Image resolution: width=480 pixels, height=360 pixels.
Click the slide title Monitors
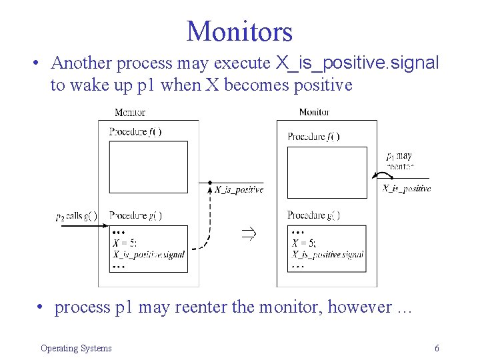tap(239, 31)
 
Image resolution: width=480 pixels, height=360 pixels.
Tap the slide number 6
tap(436, 348)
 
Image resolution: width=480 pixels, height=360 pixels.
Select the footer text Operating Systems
tap(76, 348)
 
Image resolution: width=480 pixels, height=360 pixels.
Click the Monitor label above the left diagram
tap(129, 112)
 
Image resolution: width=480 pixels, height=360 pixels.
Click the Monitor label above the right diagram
tap(314, 112)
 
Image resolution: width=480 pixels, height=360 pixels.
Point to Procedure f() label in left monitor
tap(135, 132)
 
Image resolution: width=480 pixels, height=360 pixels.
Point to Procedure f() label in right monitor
tap(313, 137)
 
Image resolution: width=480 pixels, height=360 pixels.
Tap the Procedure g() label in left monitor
tap(135, 215)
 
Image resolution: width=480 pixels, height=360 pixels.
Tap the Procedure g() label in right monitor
tap(313, 215)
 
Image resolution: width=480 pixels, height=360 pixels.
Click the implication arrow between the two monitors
tap(248, 234)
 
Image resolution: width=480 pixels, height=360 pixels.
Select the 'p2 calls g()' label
tap(77, 215)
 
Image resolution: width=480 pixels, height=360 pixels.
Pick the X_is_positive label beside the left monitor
tap(239, 189)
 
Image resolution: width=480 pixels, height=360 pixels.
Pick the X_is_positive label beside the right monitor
tap(407, 189)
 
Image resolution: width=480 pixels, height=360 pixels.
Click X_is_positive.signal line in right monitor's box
tap(327, 254)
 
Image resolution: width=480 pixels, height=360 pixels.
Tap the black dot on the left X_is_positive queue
tap(210, 182)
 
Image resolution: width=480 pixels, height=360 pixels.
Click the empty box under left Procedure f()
tap(148, 168)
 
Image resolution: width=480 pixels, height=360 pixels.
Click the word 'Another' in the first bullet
tap(82, 63)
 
